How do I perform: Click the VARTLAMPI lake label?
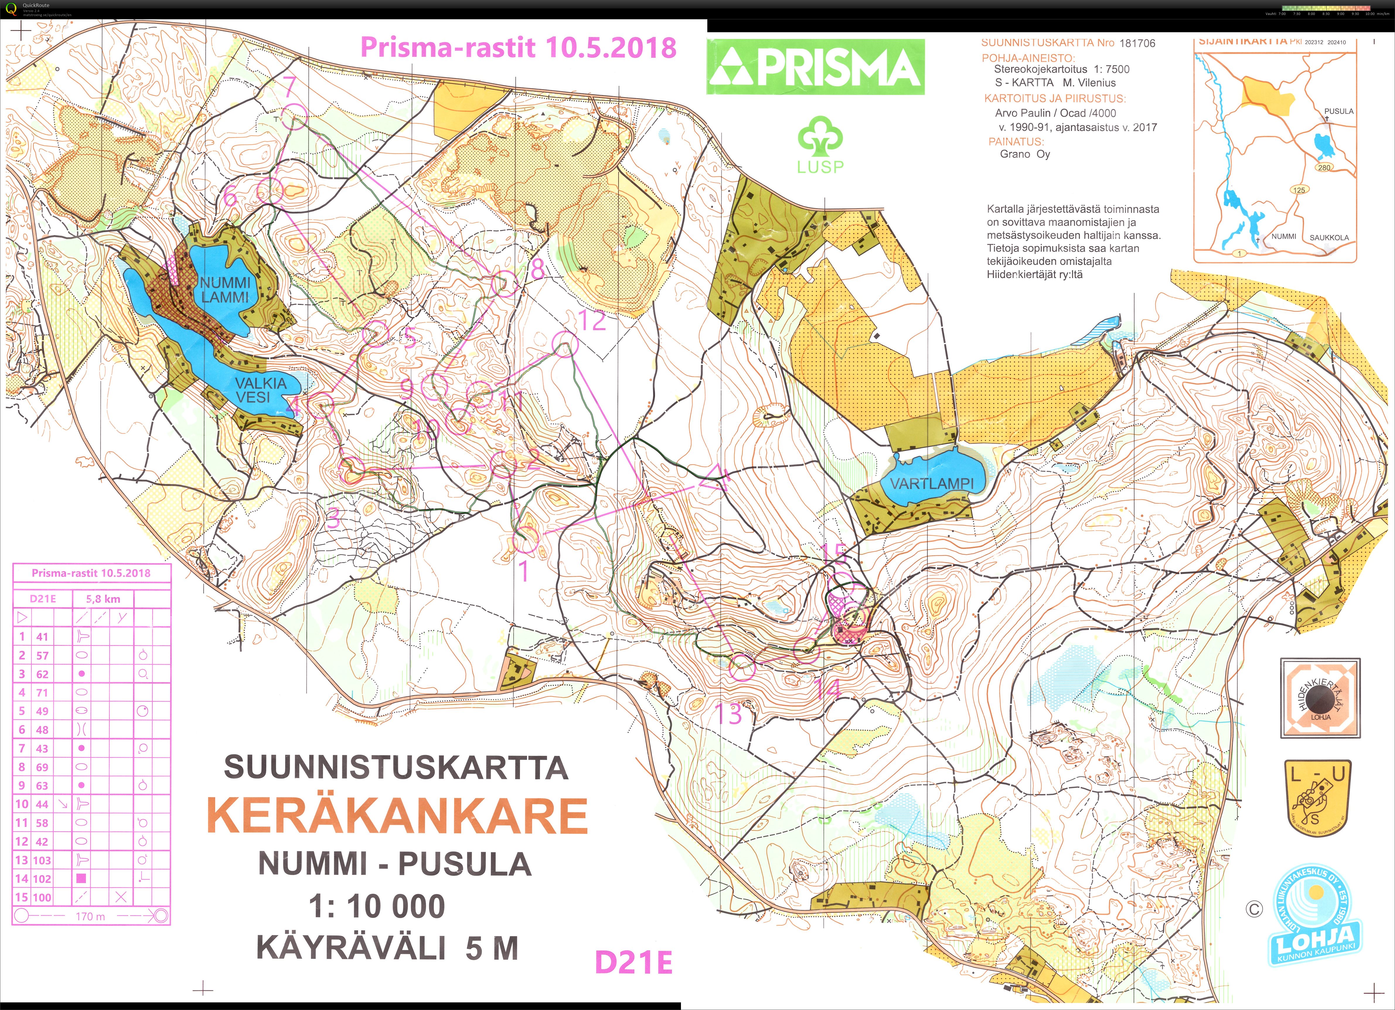coord(932,483)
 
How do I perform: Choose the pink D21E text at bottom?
coord(633,963)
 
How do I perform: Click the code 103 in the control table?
coord(42,860)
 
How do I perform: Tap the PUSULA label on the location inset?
coord(1338,111)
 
